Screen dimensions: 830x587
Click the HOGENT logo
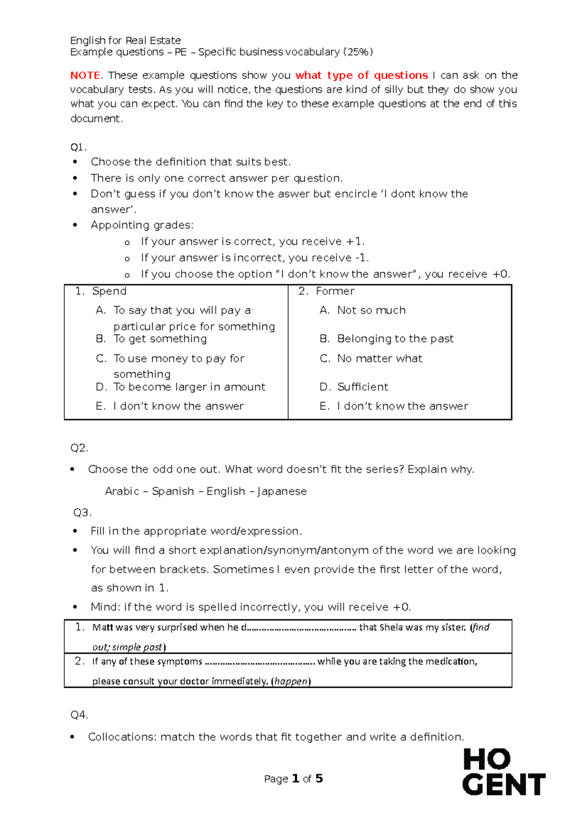[x=503, y=772]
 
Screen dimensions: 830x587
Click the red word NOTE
[x=85, y=75]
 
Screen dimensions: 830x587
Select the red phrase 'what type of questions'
[x=361, y=75]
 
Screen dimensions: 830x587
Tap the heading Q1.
[x=78, y=147]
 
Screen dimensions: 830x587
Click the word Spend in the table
[x=109, y=291]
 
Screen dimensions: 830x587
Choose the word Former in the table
[x=335, y=291]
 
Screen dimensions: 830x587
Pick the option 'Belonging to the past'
[x=395, y=339]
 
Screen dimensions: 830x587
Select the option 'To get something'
[x=160, y=339]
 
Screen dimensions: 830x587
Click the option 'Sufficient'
[x=362, y=387]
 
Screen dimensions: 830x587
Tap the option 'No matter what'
[x=380, y=359]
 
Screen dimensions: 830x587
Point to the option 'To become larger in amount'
[x=189, y=387]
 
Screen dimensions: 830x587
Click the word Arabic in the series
[x=122, y=491]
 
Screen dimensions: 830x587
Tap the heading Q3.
[x=82, y=512]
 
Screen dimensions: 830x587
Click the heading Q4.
[x=79, y=715]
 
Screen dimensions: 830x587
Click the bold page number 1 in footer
[x=295, y=779]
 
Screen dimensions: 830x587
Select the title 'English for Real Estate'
[x=126, y=41]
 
